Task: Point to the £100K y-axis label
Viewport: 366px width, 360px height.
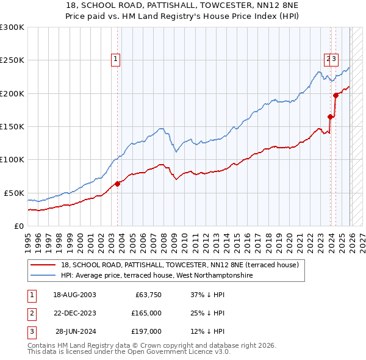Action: (x=12, y=159)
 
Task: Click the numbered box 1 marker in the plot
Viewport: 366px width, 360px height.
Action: (x=116, y=59)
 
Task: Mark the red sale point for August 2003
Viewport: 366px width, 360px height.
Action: (x=118, y=184)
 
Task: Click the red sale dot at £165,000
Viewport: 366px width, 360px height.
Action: (x=330, y=117)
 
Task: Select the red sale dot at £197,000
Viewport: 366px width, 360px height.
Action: (x=335, y=95)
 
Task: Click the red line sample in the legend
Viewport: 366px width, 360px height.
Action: (x=43, y=265)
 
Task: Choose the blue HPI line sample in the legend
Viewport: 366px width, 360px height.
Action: (x=43, y=276)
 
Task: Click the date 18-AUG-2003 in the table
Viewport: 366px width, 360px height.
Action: (x=74, y=295)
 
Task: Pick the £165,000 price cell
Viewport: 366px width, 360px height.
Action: (x=146, y=313)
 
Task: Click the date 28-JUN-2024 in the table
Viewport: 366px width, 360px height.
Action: (x=76, y=331)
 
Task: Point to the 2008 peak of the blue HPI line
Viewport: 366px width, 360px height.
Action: (x=161, y=129)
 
